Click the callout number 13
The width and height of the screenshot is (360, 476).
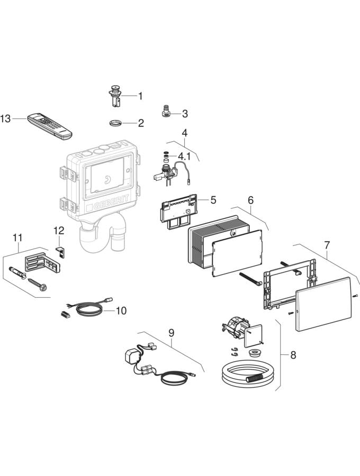point(6,119)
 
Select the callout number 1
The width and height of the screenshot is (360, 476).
point(140,96)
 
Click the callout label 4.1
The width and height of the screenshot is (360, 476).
point(184,156)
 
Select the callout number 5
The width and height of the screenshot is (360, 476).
point(213,200)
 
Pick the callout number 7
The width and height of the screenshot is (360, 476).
point(327,245)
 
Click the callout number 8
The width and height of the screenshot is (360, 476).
point(293,355)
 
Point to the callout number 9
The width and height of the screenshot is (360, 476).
point(171,333)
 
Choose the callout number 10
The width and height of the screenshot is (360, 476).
point(121,310)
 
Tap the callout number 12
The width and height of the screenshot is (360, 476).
point(58,230)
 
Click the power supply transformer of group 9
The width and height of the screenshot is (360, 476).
point(131,355)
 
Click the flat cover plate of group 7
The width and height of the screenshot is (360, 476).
point(323,304)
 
